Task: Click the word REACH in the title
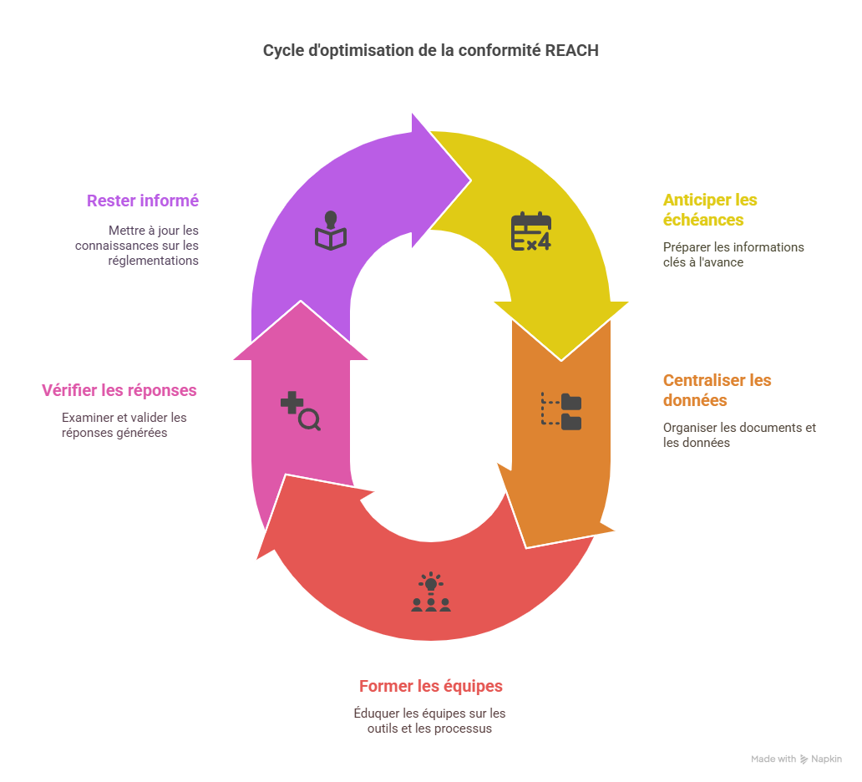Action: coord(572,50)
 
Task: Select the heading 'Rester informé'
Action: coord(143,201)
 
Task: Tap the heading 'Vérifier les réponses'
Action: coord(119,390)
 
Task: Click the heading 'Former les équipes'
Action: coord(431,686)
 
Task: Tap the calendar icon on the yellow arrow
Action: coord(531,232)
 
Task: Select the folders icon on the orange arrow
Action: coord(561,411)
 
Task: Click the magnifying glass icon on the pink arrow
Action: coord(301,411)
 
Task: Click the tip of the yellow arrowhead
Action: coord(561,359)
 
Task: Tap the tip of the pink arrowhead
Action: coord(300,302)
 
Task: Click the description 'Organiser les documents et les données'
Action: coord(739,434)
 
